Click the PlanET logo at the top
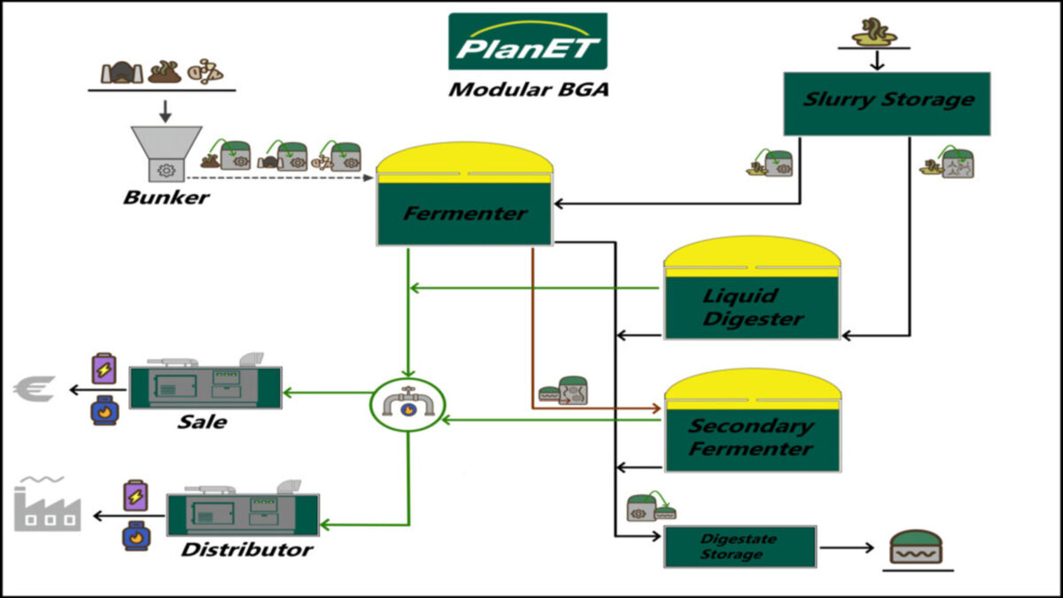tap(527, 42)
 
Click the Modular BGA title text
tap(528, 89)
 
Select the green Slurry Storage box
tap(887, 103)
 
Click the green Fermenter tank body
tap(464, 214)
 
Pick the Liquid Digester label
tap(752, 307)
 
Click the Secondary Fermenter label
tap(751, 437)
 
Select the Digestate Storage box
tap(740, 547)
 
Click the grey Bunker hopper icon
tap(165, 156)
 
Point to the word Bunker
tap(166, 197)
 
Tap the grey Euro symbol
tap(35, 388)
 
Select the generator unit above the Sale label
tap(206, 384)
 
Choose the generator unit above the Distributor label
tap(243, 509)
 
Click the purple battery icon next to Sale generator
tap(104, 369)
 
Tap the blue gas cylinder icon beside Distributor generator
tap(135, 536)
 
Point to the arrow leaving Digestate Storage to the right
tap(846, 548)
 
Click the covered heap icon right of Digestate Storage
tap(917, 548)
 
